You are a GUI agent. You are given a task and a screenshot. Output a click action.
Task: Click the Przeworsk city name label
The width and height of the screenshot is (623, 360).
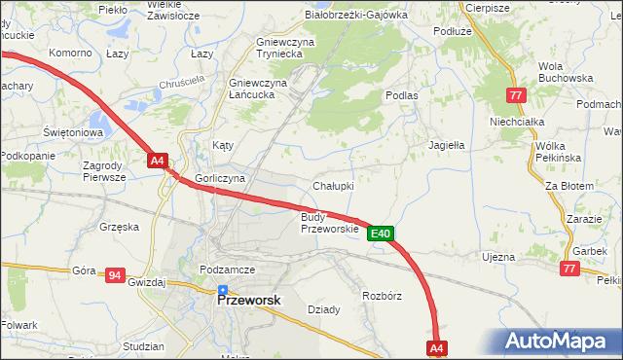click(x=247, y=302)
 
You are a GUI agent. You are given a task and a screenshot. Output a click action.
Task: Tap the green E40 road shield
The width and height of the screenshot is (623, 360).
click(x=381, y=234)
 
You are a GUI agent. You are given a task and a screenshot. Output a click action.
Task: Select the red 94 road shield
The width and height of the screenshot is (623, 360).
click(x=115, y=276)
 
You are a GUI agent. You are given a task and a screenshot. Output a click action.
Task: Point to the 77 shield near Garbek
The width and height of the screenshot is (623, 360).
click(x=569, y=267)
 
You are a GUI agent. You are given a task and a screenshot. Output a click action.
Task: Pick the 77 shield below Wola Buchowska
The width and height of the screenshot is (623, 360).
click(x=516, y=94)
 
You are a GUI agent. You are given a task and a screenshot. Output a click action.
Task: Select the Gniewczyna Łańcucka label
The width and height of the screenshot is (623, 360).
click(x=257, y=89)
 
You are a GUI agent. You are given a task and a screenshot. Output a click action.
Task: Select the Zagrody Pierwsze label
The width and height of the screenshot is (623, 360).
click(x=103, y=171)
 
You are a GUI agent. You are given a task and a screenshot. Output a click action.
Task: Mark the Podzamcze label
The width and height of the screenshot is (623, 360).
click(x=227, y=270)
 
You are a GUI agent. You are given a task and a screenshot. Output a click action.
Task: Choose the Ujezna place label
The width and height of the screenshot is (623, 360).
click(x=497, y=257)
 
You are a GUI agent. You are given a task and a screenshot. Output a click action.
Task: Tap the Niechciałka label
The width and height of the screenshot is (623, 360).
click(x=515, y=122)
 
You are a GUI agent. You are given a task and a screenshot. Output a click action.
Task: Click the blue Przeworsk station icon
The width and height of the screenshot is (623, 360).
click(x=223, y=290)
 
